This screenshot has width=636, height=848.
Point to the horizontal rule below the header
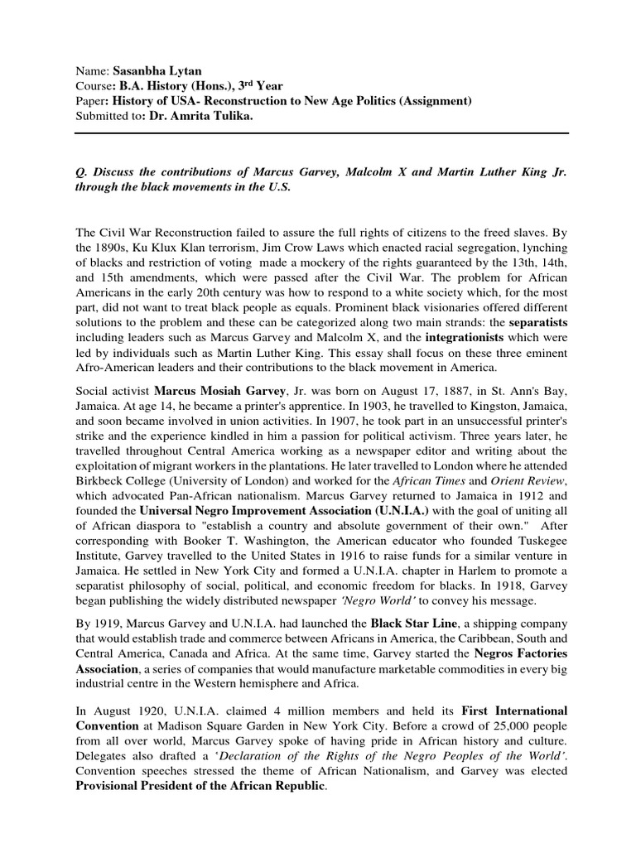click(318, 133)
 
